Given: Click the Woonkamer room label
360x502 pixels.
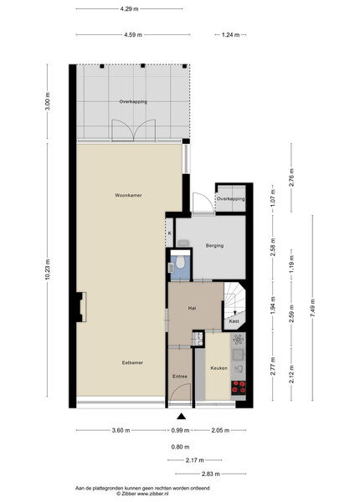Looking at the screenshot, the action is [x=128, y=195].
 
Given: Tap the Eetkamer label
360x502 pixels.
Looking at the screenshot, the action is [x=132, y=363].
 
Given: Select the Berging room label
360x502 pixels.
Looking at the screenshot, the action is [x=214, y=246].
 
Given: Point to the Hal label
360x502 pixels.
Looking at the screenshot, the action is [x=192, y=308].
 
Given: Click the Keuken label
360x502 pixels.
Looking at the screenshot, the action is [x=219, y=368].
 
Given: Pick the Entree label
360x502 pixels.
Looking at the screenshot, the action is [x=180, y=376].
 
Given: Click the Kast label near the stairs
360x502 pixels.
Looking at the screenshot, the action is [x=234, y=321].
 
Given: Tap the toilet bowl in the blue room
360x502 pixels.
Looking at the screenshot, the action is [x=181, y=263].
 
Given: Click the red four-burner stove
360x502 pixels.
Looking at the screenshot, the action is [x=239, y=387].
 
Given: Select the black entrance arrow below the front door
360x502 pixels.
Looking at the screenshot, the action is [x=182, y=416].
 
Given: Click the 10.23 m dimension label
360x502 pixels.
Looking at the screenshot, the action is [x=48, y=269].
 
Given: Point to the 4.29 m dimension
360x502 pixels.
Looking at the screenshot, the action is [x=130, y=9].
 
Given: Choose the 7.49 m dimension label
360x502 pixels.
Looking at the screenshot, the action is [x=312, y=308].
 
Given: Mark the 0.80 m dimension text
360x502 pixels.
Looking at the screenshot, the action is [x=180, y=447].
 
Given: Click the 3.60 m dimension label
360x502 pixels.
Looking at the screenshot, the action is [x=121, y=431].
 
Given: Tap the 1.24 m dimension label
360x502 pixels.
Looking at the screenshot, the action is [x=230, y=35].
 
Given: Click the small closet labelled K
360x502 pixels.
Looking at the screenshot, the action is [x=170, y=233].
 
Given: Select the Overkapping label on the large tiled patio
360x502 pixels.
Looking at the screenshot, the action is [x=133, y=102].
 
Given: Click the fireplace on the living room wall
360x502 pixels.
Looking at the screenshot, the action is [x=81, y=307].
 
